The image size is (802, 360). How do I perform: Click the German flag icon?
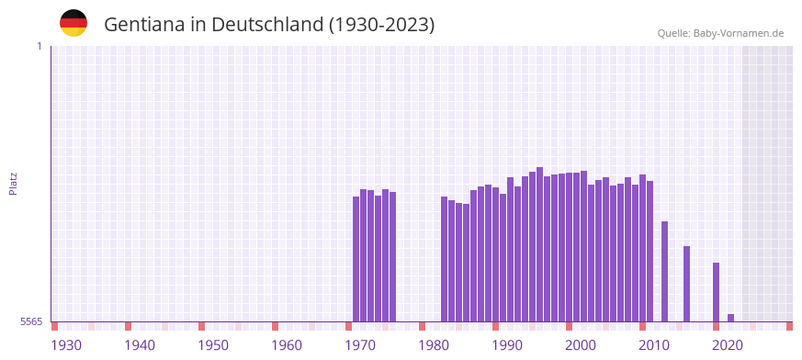pos(73,23)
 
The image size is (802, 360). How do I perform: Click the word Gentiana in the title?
pos(144,25)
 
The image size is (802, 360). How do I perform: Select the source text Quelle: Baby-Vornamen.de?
pos(720,33)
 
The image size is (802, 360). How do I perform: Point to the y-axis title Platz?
pos(13,183)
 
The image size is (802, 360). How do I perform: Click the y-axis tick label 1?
pos(39,46)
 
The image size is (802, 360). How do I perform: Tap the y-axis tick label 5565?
pos(30,321)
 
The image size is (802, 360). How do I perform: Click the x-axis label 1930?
pos(66,345)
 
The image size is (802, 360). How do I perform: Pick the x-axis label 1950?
pos(213,345)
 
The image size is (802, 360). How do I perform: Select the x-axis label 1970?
pos(360,345)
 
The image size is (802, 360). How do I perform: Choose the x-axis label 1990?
pos(507,345)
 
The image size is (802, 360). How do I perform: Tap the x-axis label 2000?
pos(581,345)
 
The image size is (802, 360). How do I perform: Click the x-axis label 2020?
pos(728,345)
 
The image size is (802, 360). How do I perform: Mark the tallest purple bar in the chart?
pos(540,244)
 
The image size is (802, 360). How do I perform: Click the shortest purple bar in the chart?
pos(731,318)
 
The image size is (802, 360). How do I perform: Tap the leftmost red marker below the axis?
pos(55,326)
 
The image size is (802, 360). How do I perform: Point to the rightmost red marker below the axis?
pos(789,326)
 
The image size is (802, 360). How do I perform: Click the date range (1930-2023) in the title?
pos(381,25)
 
